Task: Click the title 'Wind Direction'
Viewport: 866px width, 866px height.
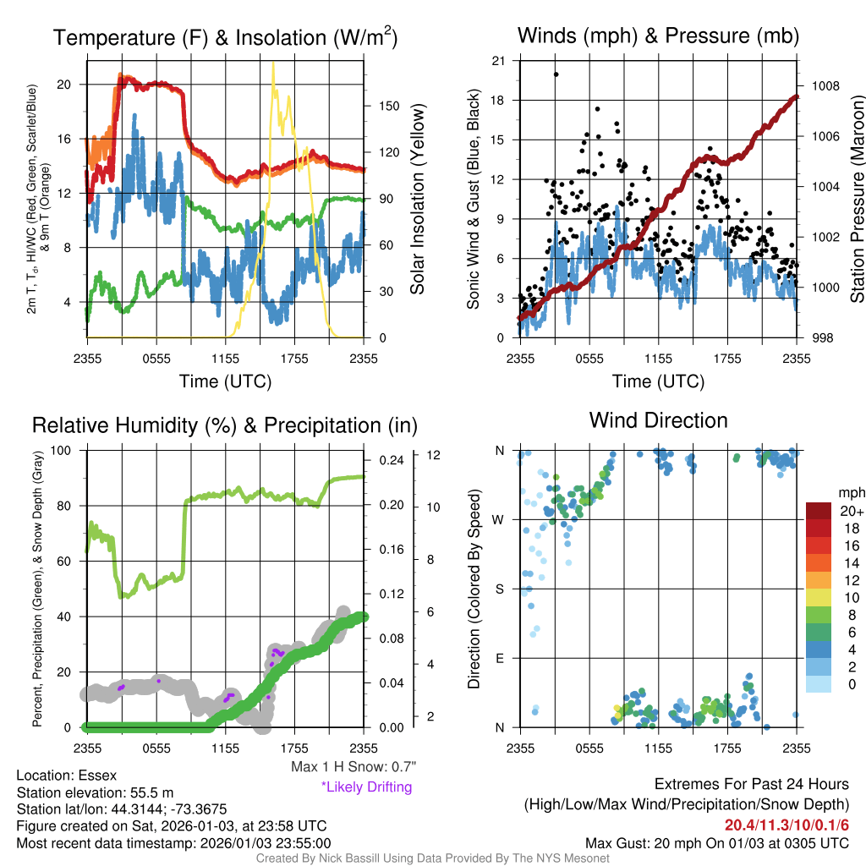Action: tap(658, 420)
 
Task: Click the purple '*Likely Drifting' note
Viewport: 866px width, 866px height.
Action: tap(366, 787)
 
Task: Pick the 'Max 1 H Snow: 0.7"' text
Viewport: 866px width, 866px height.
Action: tap(353, 767)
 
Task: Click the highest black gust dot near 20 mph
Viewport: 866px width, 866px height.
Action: tap(556, 74)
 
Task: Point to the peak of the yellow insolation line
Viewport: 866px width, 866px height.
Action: tap(272, 63)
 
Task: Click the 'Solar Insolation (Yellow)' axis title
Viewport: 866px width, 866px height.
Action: tap(417, 200)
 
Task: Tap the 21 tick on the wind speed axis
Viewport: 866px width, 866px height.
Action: tap(498, 60)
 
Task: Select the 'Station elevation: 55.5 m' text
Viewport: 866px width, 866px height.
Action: tap(95, 792)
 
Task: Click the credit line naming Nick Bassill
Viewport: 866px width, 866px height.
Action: tap(432, 858)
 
